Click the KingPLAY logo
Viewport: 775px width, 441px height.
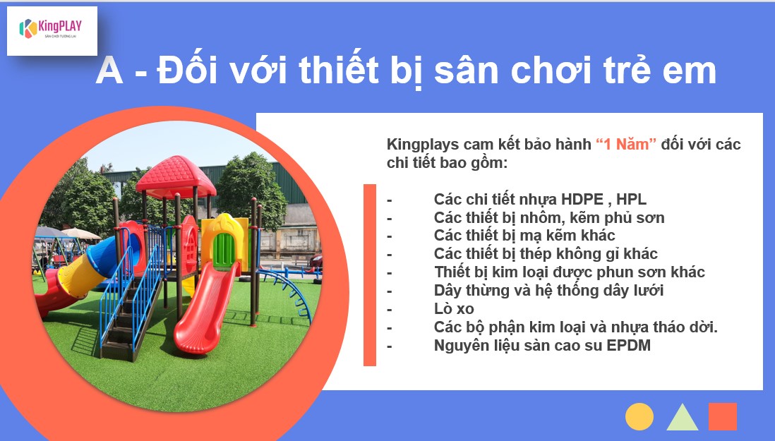[x=50, y=29]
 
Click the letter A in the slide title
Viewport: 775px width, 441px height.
[x=109, y=71]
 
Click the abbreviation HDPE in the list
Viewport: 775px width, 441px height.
[x=582, y=199]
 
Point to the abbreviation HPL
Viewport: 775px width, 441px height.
[x=631, y=199]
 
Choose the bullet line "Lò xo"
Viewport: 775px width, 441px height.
[x=454, y=308]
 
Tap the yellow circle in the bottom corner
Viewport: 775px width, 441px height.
[x=639, y=416]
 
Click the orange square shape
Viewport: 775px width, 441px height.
[x=722, y=416]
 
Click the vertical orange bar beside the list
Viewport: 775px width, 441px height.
[x=370, y=275]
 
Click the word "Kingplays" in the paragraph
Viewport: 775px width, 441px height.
[x=423, y=145]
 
